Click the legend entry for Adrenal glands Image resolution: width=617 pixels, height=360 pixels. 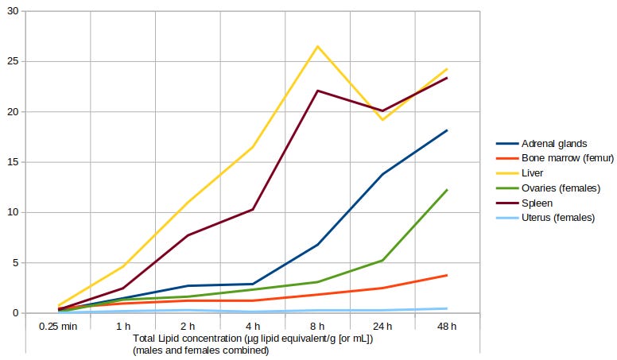(554, 144)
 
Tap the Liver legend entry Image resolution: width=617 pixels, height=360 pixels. (532, 173)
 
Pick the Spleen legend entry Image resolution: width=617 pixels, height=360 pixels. (537, 203)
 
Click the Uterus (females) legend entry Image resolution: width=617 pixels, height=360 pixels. (557, 218)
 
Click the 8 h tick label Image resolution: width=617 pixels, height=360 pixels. (317, 326)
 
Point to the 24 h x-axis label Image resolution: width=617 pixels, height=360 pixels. (382, 326)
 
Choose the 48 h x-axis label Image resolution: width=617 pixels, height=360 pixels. (447, 326)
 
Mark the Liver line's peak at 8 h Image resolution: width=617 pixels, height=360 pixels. (317, 46)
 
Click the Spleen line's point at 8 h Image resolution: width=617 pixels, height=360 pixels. (317, 91)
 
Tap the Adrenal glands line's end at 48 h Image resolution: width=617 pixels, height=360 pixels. (447, 130)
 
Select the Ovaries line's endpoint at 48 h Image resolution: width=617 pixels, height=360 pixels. (447, 190)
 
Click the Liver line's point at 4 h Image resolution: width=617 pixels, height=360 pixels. (253, 147)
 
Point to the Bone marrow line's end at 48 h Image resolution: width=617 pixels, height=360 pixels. (447, 275)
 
